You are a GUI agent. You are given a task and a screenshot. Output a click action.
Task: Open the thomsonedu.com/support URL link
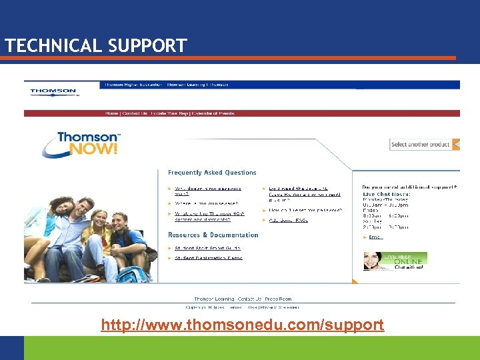click(x=242, y=325)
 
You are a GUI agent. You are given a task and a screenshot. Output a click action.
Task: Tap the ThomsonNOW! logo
click(x=79, y=143)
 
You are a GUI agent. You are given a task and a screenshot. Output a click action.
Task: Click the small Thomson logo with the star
click(x=53, y=91)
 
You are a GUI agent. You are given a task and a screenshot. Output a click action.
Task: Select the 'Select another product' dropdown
click(x=424, y=144)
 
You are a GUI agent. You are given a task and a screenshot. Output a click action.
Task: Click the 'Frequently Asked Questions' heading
click(x=212, y=173)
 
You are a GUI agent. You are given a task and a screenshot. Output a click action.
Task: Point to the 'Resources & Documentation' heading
click(x=213, y=235)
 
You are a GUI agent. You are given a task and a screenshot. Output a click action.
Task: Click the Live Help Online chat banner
click(x=395, y=261)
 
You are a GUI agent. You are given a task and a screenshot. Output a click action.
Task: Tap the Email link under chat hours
click(x=375, y=237)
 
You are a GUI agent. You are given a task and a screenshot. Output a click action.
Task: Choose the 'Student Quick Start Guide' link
click(x=207, y=248)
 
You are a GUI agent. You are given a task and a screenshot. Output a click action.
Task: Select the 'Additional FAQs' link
click(x=289, y=220)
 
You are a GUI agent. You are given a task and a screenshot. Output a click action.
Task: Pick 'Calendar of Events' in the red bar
click(x=212, y=113)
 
